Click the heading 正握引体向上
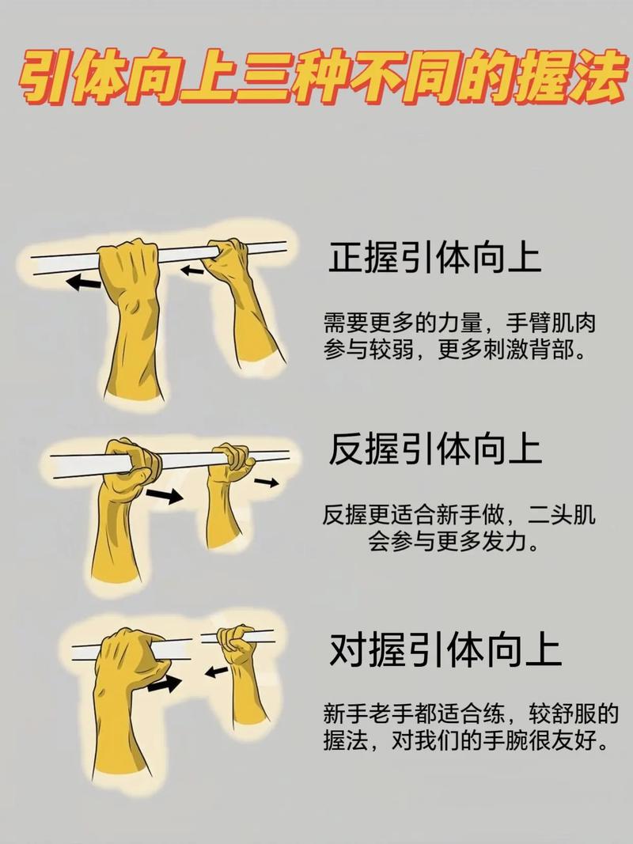click(x=435, y=258)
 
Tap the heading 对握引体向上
click(x=445, y=649)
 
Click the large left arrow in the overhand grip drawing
click(x=83, y=282)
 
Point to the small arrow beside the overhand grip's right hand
click(x=192, y=271)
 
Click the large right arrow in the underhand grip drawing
click(x=164, y=495)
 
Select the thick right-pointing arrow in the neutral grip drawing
click(x=164, y=684)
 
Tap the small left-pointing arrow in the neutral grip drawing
click(x=216, y=672)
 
